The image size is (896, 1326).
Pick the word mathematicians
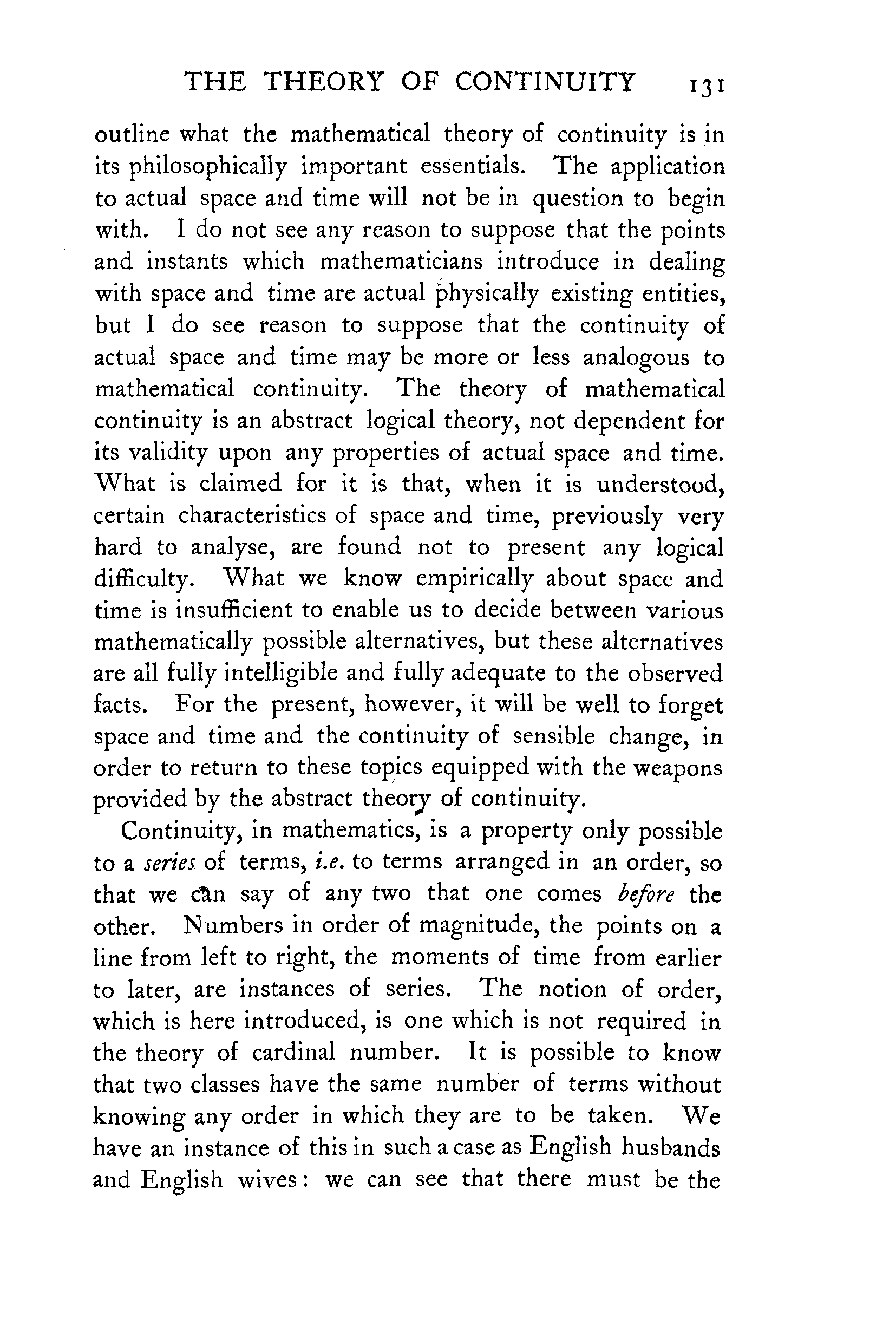[401, 262]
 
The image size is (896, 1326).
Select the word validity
[151, 453]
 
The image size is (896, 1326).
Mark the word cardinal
[294, 1051]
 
